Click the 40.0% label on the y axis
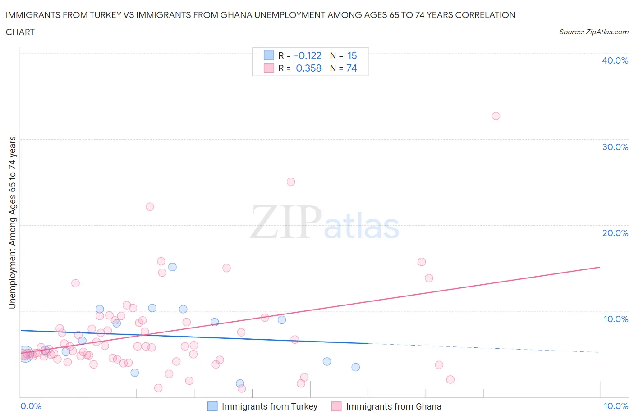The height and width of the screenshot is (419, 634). click(615, 60)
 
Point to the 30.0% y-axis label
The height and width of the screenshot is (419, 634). click(615, 147)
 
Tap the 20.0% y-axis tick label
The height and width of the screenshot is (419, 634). click(615, 233)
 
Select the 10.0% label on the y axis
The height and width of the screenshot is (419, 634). click(616, 319)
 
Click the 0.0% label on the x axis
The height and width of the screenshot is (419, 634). click(31, 406)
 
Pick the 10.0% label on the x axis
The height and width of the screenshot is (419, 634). click(616, 406)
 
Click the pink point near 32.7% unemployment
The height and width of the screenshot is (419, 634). click(496, 116)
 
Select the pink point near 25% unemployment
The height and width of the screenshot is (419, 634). click(291, 182)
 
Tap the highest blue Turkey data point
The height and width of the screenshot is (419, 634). click(172, 267)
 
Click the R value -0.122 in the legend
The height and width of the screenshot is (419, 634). click(308, 55)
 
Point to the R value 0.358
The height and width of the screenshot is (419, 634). click(308, 68)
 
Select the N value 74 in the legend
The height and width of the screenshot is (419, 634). click(351, 68)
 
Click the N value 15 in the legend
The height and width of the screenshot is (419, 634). click(352, 55)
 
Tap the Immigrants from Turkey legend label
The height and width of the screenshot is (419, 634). click(269, 406)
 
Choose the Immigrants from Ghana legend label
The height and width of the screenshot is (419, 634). click(393, 406)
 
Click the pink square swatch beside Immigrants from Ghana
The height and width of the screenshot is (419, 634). click(336, 406)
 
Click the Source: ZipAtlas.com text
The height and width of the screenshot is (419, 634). click(593, 32)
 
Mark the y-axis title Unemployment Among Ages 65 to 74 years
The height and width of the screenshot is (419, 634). click(12, 223)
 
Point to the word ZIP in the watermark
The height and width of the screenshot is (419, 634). click(285, 222)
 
